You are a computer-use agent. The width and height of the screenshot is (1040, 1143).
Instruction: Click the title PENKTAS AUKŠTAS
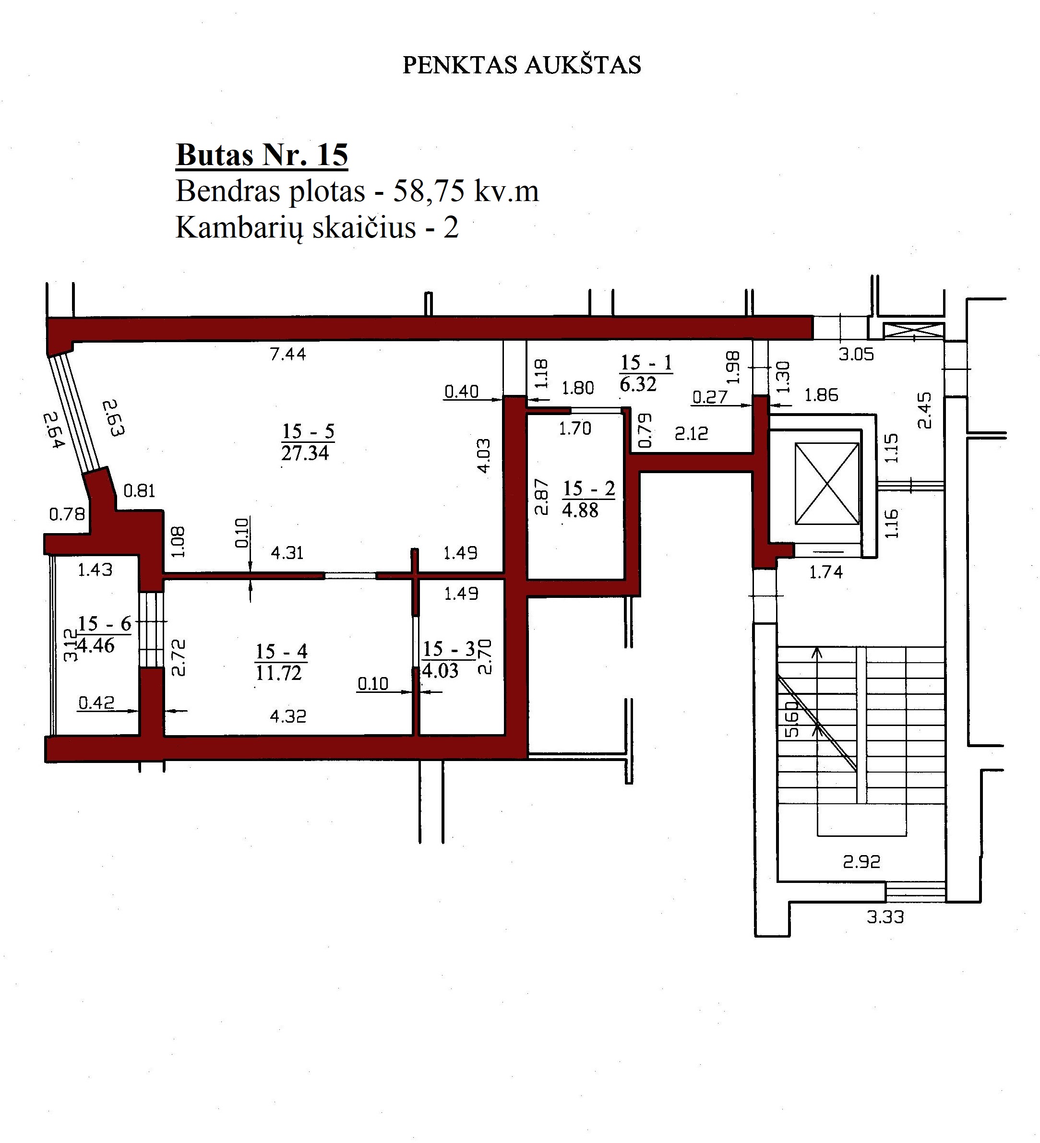pyautogui.click(x=522, y=65)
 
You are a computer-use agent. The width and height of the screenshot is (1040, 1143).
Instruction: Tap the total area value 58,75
pyautogui.click(x=424, y=191)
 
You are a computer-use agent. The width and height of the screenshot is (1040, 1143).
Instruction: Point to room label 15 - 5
pyautogui.click(x=308, y=431)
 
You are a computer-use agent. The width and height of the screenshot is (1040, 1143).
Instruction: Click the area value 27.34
pyautogui.click(x=305, y=453)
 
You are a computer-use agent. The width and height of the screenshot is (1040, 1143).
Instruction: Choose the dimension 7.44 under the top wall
pyautogui.click(x=288, y=354)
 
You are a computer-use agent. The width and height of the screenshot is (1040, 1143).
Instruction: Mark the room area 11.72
pyautogui.click(x=278, y=673)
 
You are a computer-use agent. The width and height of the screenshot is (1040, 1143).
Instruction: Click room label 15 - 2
pyautogui.click(x=588, y=488)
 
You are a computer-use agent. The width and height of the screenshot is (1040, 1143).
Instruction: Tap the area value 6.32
pyautogui.click(x=638, y=384)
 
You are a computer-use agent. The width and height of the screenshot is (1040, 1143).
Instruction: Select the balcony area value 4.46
pyautogui.click(x=97, y=645)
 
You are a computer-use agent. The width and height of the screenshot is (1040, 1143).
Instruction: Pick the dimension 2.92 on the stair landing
pyautogui.click(x=861, y=862)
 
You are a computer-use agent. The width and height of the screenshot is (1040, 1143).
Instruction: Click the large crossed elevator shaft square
pyautogui.click(x=827, y=484)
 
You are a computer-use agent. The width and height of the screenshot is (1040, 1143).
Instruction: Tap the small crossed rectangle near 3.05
pyautogui.click(x=914, y=331)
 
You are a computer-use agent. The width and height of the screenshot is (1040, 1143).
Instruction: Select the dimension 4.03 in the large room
pyautogui.click(x=484, y=455)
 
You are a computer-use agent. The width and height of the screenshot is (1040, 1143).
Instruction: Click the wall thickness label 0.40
pyautogui.click(x=461, y=391)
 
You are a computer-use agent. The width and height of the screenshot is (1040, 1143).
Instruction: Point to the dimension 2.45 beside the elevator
pyautogui.click(x=924, y=410)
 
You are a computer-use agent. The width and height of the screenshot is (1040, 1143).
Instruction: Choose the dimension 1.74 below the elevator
pyautogui.click(x=826, y=572)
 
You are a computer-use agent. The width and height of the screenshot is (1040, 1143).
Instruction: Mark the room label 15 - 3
pyautogui.click(x=449, y=649)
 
